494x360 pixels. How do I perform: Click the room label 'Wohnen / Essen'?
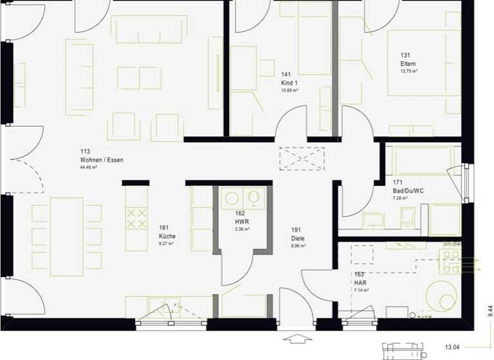pos(102,159)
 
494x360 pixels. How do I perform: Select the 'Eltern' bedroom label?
pos(408,64)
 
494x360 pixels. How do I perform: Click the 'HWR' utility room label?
pos(241,221)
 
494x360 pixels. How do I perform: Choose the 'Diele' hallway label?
pos(298,237)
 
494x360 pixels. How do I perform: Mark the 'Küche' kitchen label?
pos(167,236)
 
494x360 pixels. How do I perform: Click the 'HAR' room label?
pos(360,282)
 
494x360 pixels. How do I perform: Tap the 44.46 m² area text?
pos(89,167)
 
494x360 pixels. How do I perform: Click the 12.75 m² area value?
pos(408,71)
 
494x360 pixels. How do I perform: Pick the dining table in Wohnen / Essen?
pos(67,233)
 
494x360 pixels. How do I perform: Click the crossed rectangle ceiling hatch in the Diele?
pos(302,158)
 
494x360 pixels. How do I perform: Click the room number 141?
pos(286,75)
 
